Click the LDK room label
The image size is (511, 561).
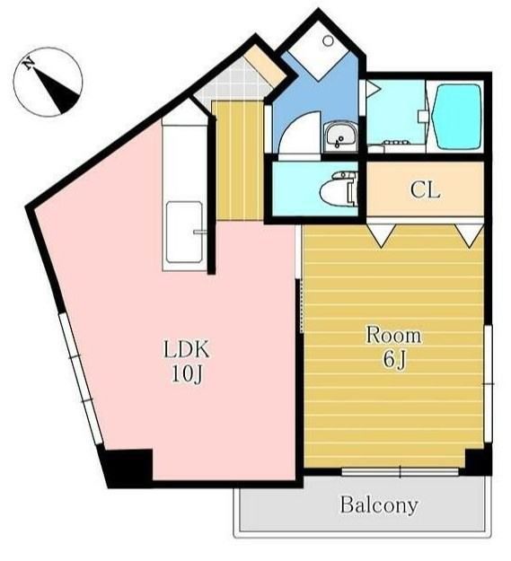[186, 349]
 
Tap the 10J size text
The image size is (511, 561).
[187, 374]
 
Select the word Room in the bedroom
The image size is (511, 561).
[393, 335]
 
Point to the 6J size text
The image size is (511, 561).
[395, 359]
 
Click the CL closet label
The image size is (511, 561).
[425, 190]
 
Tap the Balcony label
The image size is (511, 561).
[379, 504]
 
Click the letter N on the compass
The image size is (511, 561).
[28, 64]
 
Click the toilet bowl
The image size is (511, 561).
[338, 188]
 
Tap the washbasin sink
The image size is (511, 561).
[340, 136]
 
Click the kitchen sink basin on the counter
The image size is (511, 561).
[184, 232]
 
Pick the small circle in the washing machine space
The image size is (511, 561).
[328, 40]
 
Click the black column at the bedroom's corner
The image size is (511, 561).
[478, 460]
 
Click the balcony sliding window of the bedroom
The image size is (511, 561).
[400, 472]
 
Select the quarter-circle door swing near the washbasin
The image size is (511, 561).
[299, 132]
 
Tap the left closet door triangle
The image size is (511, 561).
[383, 234]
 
